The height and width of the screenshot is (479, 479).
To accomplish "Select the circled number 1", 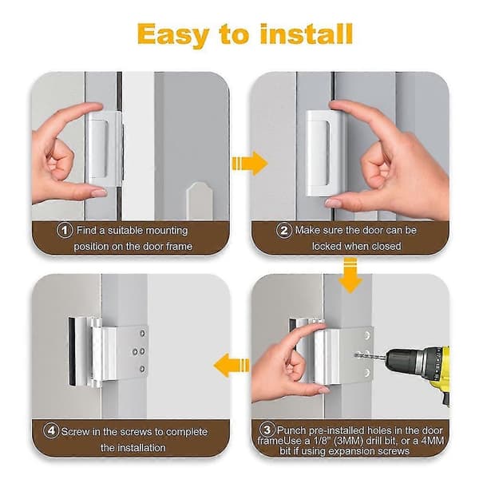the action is coord(65,230).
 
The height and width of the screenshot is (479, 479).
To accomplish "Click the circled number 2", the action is coord(284,231).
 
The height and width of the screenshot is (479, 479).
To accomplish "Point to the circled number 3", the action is coord(267,430).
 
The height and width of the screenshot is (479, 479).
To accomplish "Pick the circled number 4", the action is coord(51,430).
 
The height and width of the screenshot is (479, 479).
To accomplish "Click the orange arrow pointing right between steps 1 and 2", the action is coord(250,164).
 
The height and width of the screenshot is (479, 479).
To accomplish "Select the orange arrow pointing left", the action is coord(232,365).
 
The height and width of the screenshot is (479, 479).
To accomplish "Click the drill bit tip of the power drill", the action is coord(355,355).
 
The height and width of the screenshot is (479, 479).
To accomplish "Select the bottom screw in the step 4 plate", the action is coord(142,369).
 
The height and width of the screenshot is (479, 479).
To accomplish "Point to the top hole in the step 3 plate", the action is coord(367,335).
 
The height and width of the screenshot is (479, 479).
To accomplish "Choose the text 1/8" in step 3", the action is coord(320,441).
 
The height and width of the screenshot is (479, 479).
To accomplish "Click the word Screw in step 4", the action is coord(75,432).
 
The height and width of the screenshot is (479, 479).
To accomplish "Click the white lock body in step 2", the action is coord(319,152).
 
